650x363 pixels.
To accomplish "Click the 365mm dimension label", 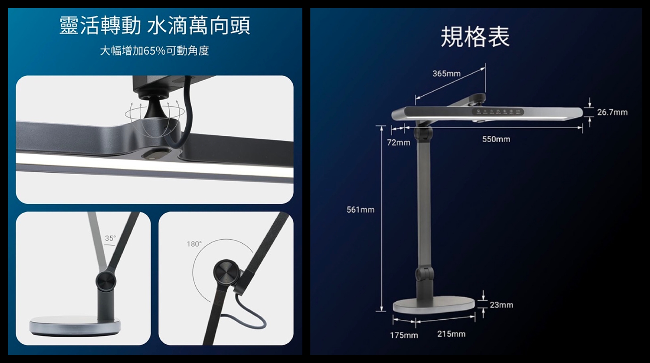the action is pyautogui.click(x=446, y=74).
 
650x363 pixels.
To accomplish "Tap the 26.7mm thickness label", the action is pyautogui.click(x=612, y=112).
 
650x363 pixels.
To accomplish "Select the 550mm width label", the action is pyautogui.click(x=496, y=139).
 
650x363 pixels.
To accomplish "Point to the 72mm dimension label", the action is pyautogui.click(x=399, y=143).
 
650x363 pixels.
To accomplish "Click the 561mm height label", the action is pyautogui.click(x=360, y=210).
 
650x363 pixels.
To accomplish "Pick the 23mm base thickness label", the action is pyautogui.click(x=501, y=305).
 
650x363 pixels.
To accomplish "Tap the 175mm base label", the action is pyautogui.click(x=404, y=335).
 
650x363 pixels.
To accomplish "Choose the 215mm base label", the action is pyautogui.click(x=451, y=334).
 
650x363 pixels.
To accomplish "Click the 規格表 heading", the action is pyautogui.click(x=475, y=37).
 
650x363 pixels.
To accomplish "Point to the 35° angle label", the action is pyautogui.click(x=110, y=238).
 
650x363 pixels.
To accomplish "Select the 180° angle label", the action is pyautogui.click(x=194, y=244).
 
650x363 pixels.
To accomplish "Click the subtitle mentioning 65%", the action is pyautogui.click(x=154, y=51).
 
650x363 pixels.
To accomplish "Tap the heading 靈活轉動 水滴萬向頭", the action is pyautogui.click(x=155, y=26).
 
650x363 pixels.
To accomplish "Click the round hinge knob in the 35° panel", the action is pyautogui.click(x=105, y=281).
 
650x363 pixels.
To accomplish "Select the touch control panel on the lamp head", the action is pyautogui.click(x=498, y=111).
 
